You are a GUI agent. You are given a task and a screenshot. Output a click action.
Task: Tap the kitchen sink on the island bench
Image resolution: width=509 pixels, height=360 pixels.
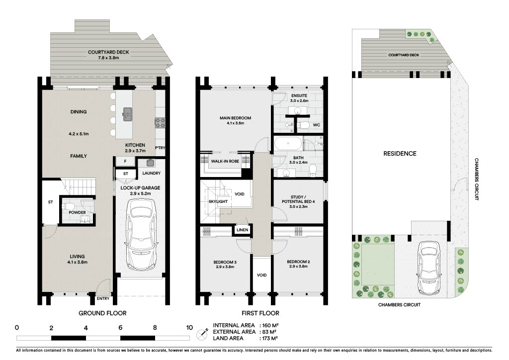coord(127,112)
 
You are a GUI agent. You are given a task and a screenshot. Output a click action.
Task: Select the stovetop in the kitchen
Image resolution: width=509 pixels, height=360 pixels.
coord(160,123)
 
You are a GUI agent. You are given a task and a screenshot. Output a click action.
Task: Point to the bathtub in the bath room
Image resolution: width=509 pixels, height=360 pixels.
coord(288,144)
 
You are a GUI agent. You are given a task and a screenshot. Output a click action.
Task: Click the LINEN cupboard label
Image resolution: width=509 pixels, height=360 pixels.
coord(242,230)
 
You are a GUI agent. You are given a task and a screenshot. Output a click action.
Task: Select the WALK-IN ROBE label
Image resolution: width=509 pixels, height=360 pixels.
coord(225,161)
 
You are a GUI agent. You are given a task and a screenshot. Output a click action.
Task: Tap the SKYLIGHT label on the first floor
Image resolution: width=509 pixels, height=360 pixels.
coord(218,201)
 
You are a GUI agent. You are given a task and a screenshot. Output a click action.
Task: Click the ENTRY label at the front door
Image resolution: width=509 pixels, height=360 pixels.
coord(103,298)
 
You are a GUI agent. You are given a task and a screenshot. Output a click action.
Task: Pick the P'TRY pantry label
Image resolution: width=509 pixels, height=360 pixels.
coord(160,148)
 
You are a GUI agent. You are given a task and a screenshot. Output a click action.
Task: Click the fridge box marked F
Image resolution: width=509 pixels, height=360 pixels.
coord(125,161)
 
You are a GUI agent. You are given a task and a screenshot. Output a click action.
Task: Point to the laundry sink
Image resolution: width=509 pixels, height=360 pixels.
coord(150,162)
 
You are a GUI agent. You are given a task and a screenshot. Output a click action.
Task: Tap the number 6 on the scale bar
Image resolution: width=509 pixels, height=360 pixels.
coord(120,328)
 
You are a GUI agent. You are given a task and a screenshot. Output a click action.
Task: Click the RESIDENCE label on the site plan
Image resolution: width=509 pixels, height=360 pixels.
coord(400,154)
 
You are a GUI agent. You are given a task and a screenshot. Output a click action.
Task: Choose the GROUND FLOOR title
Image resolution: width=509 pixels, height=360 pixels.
coord(102,313)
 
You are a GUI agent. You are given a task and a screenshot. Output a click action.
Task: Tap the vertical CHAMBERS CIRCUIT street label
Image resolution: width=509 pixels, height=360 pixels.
coord(477,179)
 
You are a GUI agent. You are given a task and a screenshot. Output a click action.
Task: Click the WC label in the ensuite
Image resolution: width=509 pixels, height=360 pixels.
coord(317,125)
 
